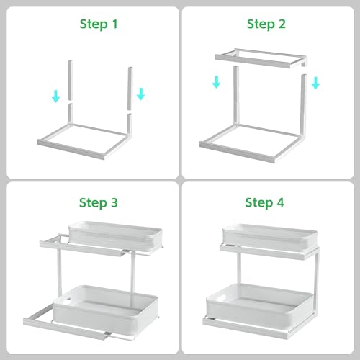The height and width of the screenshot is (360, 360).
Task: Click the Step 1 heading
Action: point(99,24)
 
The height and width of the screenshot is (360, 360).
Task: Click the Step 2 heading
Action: point(266,24)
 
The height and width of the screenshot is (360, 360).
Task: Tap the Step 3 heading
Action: point(99,203)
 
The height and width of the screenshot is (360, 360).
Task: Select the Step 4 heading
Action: point(264,203)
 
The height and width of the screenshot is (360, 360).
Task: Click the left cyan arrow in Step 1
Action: point(56,96)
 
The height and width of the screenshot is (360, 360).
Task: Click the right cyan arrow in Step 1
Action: point(141,94)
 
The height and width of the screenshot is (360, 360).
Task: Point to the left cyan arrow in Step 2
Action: point(216,82)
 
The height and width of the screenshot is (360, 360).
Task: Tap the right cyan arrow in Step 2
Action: point(315,83)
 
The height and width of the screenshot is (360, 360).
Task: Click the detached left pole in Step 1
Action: point(70,80)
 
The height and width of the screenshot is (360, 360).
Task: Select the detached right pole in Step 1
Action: point(130,89)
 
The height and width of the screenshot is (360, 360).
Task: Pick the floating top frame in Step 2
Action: point(261,58)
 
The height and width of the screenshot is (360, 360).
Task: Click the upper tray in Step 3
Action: point(115,235)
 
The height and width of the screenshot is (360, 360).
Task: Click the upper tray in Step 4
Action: point(270,238)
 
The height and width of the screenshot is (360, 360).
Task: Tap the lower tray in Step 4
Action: point(260,305)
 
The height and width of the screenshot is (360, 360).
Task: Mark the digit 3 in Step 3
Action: point(114,202)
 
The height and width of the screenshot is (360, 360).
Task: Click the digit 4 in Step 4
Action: point(280,202)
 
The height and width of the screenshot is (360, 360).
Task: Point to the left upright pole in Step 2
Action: point(236,96)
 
